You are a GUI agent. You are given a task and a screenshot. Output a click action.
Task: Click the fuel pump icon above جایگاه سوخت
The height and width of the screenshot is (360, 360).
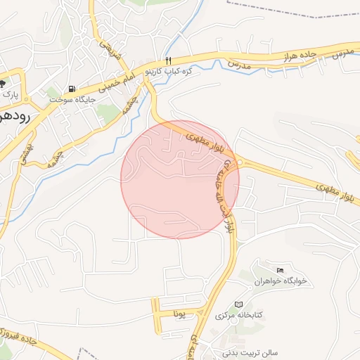(x=72, y=89)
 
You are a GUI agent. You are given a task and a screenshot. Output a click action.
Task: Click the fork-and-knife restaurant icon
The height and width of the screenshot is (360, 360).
(x=168, y=60)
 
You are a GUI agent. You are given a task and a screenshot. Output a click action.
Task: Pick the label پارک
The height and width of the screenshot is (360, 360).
(x=9, y=93)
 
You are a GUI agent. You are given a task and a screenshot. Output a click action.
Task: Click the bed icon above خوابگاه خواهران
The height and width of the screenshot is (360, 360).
(x=281, y=270)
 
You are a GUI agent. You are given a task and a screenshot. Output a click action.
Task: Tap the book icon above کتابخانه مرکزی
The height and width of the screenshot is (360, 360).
(x=238, y=304)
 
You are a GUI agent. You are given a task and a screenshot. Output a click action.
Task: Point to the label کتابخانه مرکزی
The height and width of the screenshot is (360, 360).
(x=238, y=314)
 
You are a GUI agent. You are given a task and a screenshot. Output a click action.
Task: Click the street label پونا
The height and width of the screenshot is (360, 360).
(x=181, y=314)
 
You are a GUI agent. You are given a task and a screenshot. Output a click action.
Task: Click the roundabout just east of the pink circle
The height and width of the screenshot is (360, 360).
(x=241, y=163)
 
